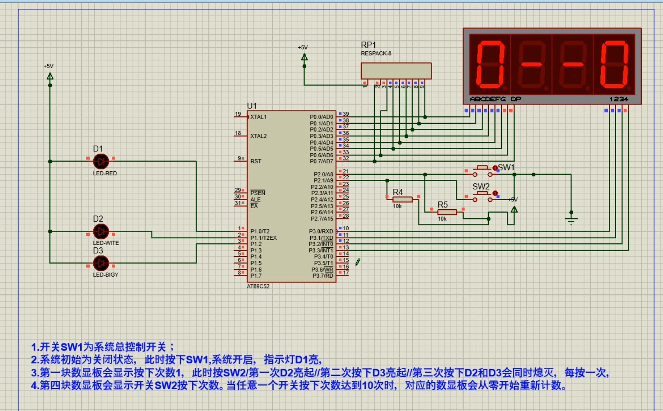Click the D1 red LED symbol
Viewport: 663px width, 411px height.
pyautogui.click(x=101, y=161)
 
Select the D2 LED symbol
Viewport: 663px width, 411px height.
pyautogui.click(x=101, y=231)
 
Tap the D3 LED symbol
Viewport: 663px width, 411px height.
pyautogui.click(x=101, y=263)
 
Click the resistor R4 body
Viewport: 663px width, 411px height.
pyautogui.click(x=402, y=199)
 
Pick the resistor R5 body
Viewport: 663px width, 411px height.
pyautogui.click(x=447, y=212)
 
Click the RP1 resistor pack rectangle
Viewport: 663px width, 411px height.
pyautogui.click(x=396, y=71)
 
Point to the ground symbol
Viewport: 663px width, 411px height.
pyautogui.click(x=571, y=220)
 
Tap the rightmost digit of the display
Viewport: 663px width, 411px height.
pyautogui.click(x=614, y=64)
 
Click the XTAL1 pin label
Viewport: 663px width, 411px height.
pyautogui.click(x=258, y=117)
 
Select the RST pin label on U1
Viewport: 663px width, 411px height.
pyautogui.click(x=256, y=161)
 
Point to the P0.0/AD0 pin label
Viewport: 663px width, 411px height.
pyautogui.click(x=321, y=117)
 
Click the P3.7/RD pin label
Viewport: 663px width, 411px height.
pyautogui.click(x=322, y=275)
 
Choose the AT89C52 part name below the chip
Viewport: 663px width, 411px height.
pyautogui.click(x=258, y=286)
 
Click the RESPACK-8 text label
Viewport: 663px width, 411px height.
pyautogui.click(x=376, y=54)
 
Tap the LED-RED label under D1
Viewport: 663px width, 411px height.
pyautogui.click(x=105, y=174)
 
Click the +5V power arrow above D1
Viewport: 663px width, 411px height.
pyautogui.click(x=50, y=77)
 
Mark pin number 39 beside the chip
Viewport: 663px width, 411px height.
pyautogui.click(x=345, y=114)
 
